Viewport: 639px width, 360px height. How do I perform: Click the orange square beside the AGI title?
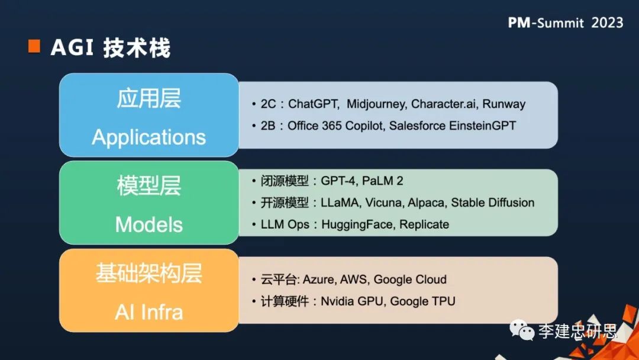[34, 47]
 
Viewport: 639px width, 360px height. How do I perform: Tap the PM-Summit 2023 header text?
[565, 22]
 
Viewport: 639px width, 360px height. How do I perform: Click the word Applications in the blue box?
[149, 137]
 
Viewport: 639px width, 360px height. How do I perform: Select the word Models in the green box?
[149, 224]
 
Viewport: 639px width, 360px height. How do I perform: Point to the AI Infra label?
[149, 311]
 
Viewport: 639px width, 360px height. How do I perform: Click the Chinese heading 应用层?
[149, 99]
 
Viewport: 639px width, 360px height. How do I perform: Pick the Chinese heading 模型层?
[149, 186]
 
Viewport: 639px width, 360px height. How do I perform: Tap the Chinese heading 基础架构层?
[149, 274]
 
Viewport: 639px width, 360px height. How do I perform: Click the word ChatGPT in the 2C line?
[314, 104]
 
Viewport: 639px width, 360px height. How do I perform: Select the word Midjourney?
[376, 104]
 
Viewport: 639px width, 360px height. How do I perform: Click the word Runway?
[504, 104]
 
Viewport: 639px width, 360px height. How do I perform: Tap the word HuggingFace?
[358, 224]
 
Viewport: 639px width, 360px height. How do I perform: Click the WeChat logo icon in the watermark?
[523, 330]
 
